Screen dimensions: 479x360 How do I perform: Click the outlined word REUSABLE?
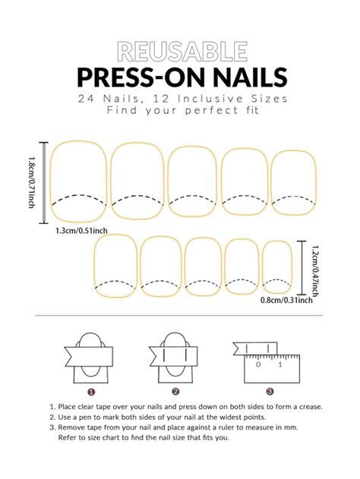181,52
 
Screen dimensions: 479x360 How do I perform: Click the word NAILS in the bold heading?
242,77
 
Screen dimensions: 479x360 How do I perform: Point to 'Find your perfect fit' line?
181,111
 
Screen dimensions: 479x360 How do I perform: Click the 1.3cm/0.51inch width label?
79,232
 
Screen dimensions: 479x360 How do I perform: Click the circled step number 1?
91,392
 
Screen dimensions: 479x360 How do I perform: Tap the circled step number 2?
175,392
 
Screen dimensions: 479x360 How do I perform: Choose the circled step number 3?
270,392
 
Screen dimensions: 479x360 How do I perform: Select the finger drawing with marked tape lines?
175,357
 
